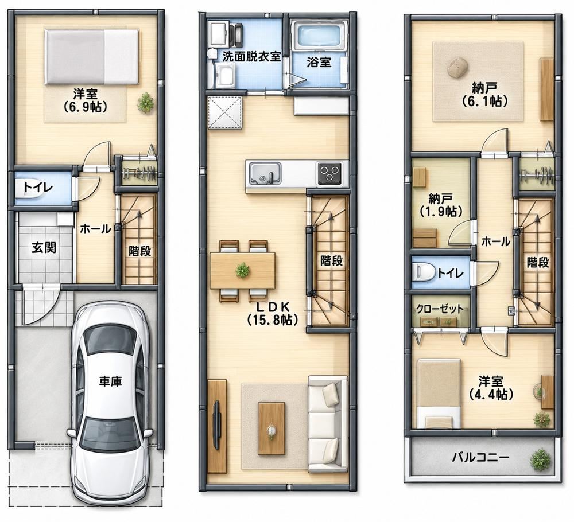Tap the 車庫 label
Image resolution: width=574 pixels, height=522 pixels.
click(110, 381)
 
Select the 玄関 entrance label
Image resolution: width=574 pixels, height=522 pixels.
click(44, 247)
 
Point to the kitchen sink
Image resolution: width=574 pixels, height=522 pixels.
click(265, 173)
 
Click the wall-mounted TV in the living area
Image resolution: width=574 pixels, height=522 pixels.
click(216, 425)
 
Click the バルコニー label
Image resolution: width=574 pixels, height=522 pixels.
click(480, 457)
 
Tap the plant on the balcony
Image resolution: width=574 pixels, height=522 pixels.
click(540, 459)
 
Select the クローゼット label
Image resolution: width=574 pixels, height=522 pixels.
click(440, 309)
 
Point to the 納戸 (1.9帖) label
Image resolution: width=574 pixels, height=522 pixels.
click(440, 205)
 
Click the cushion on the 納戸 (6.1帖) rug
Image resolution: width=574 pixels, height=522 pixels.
click(457, 68)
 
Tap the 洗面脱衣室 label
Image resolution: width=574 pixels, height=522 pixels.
click(251, 57)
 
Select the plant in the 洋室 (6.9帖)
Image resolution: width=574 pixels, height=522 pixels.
click(146, 102)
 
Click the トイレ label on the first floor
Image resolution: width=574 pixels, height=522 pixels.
click(38, 188)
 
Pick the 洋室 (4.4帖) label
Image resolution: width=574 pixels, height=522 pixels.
click(491, 387)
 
